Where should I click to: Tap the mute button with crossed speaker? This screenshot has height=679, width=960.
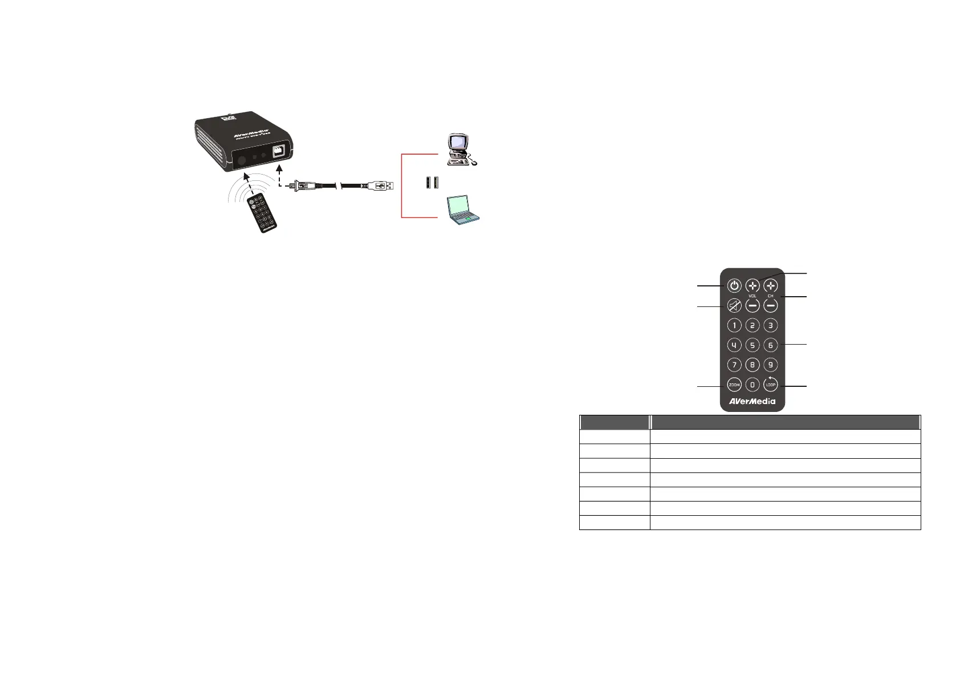(734, 306)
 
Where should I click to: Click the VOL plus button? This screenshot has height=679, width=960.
(752, 285)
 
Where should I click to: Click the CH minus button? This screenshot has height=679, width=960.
(771, 306)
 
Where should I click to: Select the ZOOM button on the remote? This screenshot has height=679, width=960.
(734, 385)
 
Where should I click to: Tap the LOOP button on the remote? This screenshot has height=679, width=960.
(771, 385)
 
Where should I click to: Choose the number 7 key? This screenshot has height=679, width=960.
(734, 365)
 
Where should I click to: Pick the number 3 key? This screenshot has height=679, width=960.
(771, 325)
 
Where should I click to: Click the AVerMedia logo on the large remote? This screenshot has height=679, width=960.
(752, 401)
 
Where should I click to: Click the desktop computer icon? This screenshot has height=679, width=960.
(461, 150)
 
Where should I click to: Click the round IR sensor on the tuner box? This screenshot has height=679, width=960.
(241, 160)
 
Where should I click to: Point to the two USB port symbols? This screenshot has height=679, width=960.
(433, 183)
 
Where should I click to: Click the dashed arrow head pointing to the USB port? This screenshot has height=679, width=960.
(279, 169)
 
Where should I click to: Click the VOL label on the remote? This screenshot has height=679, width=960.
(752, 296)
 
